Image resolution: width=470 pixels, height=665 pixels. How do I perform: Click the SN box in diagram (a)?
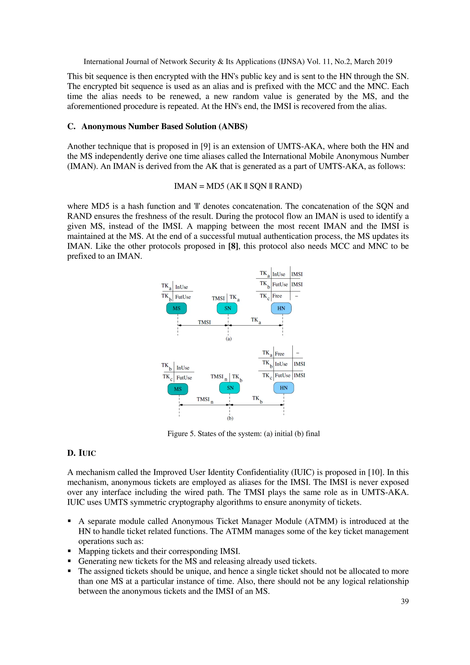(227, 308)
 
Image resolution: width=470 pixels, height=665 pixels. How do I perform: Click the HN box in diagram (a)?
(281, 308)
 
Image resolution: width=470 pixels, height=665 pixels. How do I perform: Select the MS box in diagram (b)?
(178, 389)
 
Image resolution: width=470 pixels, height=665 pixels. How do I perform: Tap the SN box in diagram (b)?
(230, 388)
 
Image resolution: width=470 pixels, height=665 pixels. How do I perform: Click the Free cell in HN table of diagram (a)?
(277, 296)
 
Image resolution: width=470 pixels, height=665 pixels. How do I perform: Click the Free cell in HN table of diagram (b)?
(280, 354)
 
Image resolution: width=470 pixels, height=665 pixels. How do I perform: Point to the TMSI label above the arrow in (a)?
(204, 322)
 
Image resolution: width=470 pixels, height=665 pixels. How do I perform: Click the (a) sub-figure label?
(229, 339)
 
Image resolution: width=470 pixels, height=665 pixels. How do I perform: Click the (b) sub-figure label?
(230, 418)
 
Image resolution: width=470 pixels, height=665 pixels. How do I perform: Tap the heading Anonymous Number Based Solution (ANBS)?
(164, 127)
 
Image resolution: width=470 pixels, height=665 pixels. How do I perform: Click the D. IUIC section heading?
(81, 453)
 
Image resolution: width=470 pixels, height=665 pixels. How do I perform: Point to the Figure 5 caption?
(243, 434)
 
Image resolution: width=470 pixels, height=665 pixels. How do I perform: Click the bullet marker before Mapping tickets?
(70, 551)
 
